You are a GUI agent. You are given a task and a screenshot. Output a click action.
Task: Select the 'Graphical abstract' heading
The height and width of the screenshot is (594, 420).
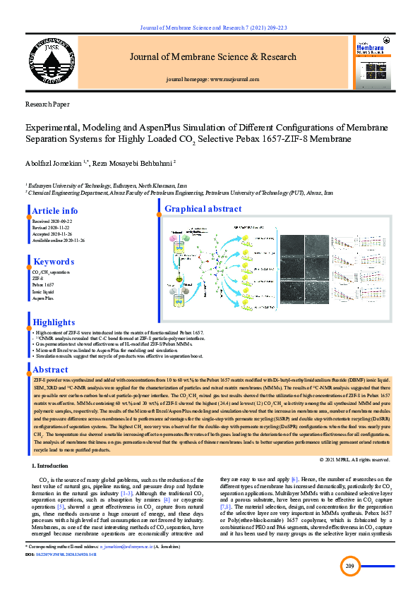pyautogui.click(x=203, y=209)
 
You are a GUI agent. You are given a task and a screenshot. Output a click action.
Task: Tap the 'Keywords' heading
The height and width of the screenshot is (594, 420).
pyautogui.click(x=54, y=262)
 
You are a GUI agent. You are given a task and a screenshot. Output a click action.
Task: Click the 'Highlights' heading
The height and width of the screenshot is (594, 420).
pyautogui.click(x=54, y=322)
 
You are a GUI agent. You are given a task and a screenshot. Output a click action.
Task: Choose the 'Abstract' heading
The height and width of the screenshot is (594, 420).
pyautogui.click(x=51, y=370)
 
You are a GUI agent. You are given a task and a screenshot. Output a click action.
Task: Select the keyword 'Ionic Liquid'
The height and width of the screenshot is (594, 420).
pyautogui.click(x=43, y=291)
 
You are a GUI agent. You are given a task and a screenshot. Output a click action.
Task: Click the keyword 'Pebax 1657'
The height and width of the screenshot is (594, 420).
pyautogui.click(x=43, y=284)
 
